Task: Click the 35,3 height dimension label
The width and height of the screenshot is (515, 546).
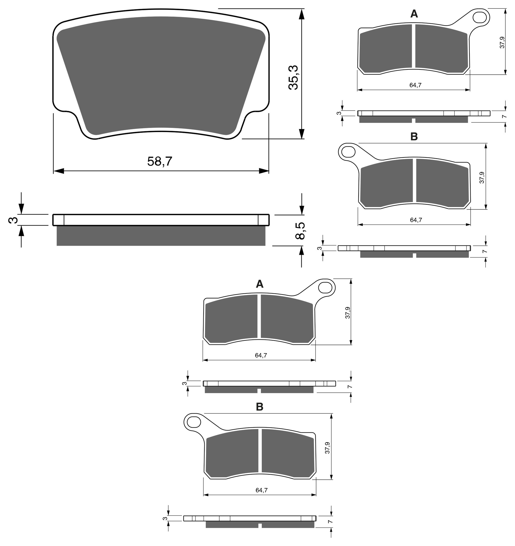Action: [x=293, y=77]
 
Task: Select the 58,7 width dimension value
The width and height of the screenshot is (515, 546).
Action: [x=160, y=161]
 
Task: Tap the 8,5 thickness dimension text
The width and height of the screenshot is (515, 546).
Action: [x=300, y=231]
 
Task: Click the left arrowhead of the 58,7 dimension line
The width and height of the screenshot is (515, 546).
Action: [x=59, y=171]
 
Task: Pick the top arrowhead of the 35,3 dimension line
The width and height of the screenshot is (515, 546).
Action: [x=302, y=14]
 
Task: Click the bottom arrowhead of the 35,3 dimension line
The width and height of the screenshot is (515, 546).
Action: [x=302, y=133]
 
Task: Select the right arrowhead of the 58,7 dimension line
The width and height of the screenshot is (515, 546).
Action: [x=264, y=171]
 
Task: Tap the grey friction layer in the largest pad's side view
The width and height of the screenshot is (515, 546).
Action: [x=161, y=236]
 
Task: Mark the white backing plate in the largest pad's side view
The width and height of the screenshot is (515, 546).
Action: [x=161, y=220]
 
